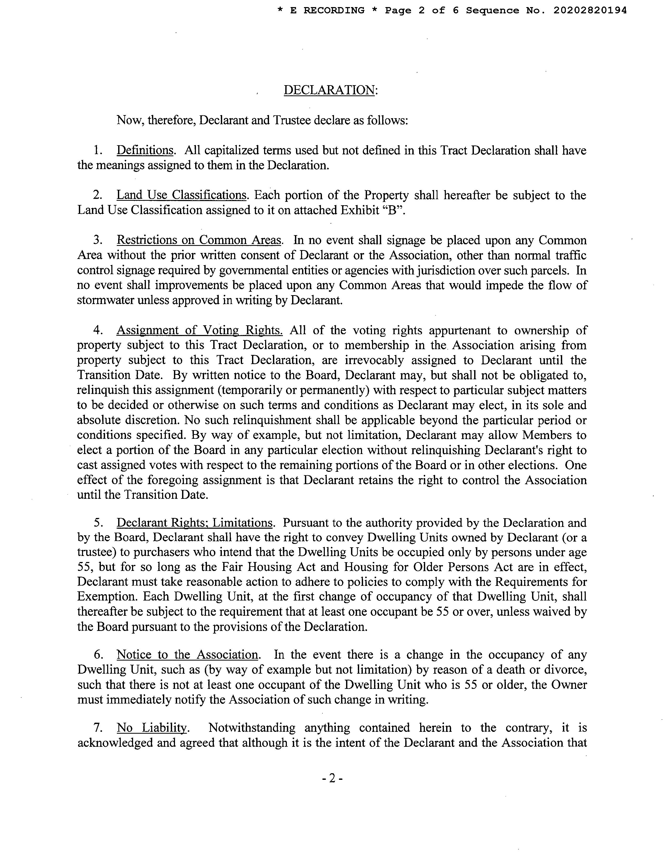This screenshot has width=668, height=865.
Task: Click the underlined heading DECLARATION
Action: coord(329,90)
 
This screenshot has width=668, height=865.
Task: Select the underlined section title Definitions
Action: coord(145,150)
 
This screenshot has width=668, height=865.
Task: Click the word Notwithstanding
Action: coord(252,728)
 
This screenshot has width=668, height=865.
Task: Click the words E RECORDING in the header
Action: coord(327,11)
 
